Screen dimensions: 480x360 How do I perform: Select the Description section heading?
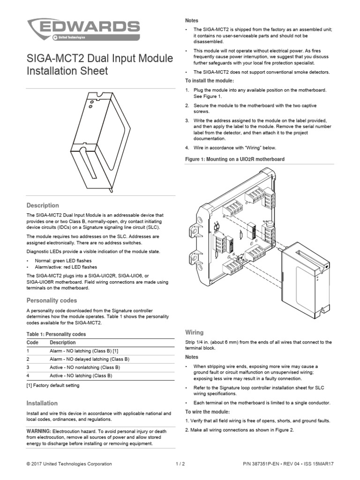click(43, 205)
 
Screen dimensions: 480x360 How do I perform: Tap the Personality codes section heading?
click(52, 300)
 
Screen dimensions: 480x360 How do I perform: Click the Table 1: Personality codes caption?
click(56, 334)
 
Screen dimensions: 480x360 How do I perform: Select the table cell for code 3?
click(29, 367)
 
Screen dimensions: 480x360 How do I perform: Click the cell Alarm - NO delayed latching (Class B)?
click(90, 359)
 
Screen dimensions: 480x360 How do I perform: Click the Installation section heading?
click(42, 403)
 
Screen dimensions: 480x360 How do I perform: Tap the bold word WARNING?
click(39, 430)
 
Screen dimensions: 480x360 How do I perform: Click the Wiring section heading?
click(195, 332)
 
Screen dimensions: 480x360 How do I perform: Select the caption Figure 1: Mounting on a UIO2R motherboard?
click(235, 159)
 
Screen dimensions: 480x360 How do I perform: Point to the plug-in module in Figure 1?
click(304, 277)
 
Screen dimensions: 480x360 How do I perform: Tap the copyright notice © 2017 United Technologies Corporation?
click(69, 464)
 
